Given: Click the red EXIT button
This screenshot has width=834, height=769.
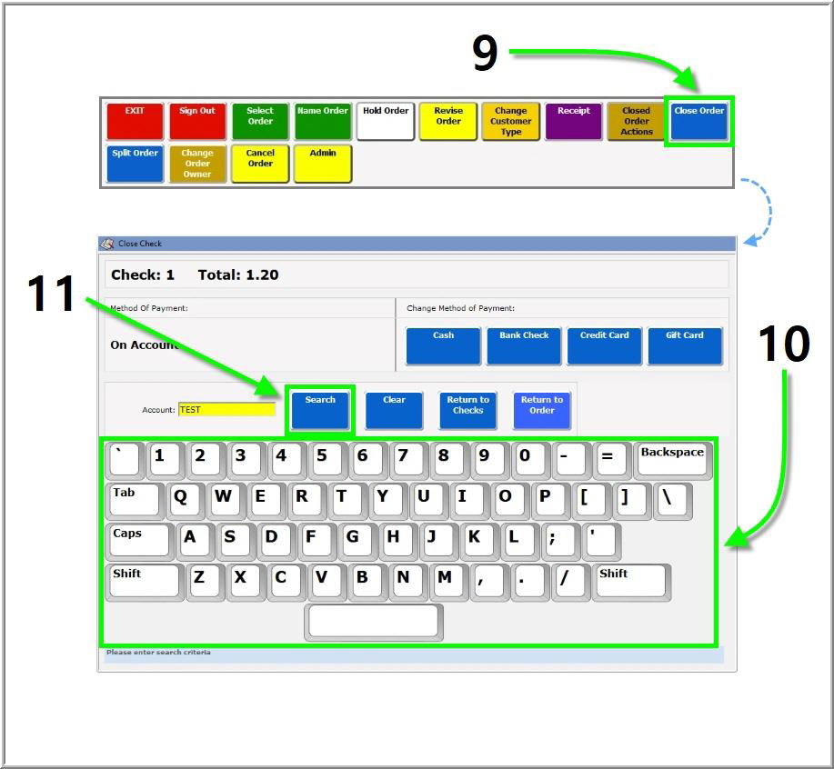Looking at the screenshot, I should coord(135,121).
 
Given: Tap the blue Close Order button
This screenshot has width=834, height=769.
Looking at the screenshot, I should coord(698,121).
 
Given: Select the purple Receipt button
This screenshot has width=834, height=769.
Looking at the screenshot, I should coord(573,121).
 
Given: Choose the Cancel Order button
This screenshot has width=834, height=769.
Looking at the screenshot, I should coord(260,164).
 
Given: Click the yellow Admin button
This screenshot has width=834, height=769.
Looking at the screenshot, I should coord(323,164).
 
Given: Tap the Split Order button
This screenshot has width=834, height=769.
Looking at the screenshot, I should coord(135,164).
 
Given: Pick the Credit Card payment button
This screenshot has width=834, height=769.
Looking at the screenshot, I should coord(605,345).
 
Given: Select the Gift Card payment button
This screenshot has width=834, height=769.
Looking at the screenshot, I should coord(685,345).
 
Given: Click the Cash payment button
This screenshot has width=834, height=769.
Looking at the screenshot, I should coord(443,345).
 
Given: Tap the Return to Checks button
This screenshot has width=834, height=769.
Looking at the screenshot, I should coord(467,410).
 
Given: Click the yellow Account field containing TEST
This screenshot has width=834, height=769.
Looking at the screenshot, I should coord(226,410).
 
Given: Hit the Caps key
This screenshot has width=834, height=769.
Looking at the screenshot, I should coord(137,539).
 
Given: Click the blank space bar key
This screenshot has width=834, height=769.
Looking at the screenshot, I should coord(375,621).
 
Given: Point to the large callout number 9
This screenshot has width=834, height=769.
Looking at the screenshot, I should coord(485,53).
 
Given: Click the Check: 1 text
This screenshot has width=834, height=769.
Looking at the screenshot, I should coord(143,275).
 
